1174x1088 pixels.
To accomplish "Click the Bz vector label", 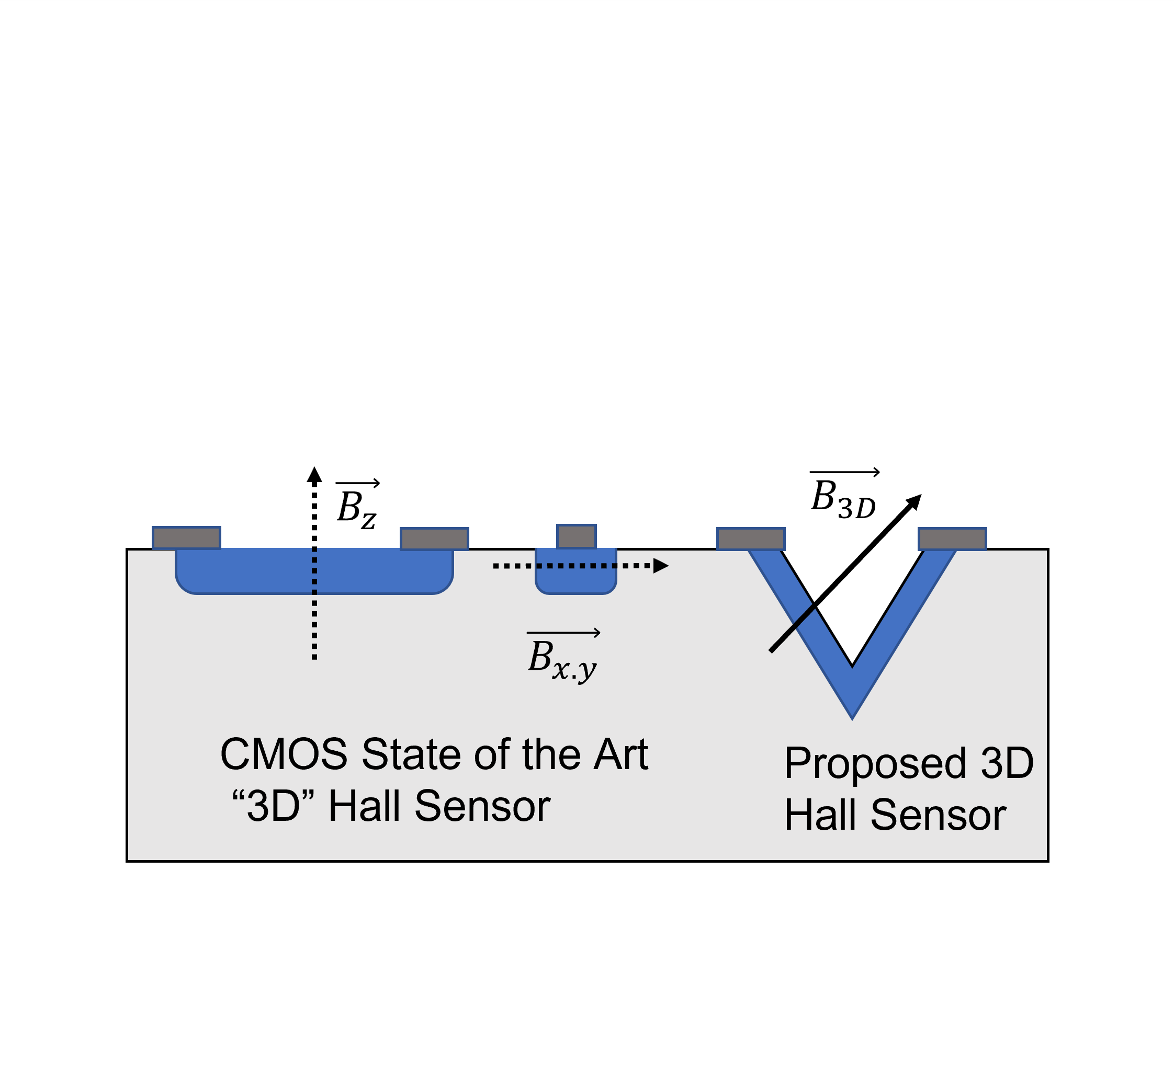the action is (x=357, y=505).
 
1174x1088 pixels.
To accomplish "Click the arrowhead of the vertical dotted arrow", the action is (x=314, y=475).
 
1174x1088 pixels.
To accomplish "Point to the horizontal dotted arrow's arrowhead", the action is (x=661, y=566).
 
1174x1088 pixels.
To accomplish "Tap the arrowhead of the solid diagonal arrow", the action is (x=913, y=501).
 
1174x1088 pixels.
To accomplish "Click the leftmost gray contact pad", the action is (x=186, y=538).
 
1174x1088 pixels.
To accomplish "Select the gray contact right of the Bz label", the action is (x=434, y=539).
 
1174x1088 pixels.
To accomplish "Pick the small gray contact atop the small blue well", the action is (x=576, y=536).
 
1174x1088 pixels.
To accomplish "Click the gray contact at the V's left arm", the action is (x=750, y=539).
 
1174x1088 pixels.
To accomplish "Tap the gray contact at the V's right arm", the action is (x=952, y=539).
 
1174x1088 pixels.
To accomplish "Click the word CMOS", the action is (x=284, y=754).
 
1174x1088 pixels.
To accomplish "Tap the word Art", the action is (x=620, y=754).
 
